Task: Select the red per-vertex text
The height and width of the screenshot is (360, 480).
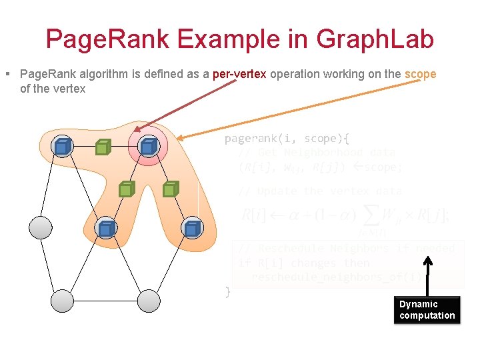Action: point(239,74)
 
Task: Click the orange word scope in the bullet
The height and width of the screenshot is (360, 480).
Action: point(420,74)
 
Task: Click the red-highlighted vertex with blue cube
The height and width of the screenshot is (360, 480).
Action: point(148,146)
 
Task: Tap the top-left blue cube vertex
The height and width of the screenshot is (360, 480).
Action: point(63,146)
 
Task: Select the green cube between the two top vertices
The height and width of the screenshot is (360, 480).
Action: point(102,147)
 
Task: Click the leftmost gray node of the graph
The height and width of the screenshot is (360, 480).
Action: point(41,228)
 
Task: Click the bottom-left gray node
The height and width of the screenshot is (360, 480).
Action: point(63,301)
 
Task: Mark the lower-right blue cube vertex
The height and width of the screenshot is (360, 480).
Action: point(192,229)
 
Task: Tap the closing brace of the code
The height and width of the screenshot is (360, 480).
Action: point(227,291)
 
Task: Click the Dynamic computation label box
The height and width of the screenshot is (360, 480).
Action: point(427,310)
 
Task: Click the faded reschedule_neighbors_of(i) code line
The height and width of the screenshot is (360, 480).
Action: point(337,277)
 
